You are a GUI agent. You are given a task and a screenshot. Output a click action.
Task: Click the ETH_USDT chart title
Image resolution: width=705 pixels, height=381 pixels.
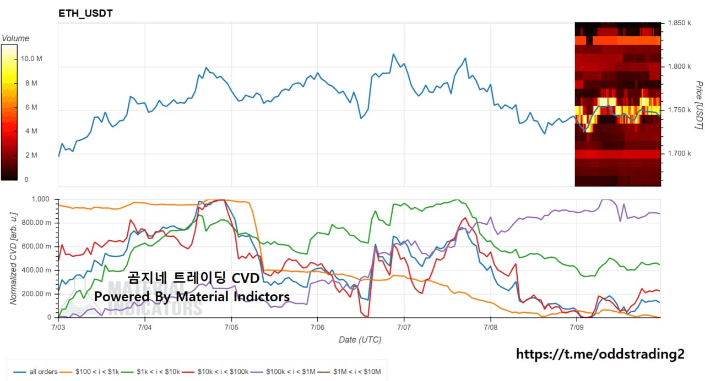[85, 14]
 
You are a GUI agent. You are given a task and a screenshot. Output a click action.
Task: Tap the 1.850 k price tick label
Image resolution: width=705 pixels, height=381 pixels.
[679, 23]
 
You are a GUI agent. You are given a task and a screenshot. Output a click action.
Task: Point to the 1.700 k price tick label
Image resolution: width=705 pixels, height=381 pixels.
[679, 153]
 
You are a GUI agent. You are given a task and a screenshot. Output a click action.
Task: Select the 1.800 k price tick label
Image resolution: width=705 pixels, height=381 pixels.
[679, 67]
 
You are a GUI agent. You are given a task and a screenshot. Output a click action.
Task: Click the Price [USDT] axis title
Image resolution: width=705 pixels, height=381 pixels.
[699, 105]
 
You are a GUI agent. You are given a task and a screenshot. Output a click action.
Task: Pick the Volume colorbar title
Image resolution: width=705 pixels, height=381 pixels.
[15, 38]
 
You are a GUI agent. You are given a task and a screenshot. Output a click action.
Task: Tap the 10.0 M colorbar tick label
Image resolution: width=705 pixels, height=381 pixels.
[31, 59]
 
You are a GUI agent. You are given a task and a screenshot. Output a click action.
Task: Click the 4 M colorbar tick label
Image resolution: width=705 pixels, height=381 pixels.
[31, 131]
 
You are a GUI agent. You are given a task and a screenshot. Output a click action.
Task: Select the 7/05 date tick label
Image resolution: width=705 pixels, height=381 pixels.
[231, 327]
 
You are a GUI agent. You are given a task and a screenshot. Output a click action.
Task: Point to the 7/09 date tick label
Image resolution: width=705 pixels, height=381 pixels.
[577, 327]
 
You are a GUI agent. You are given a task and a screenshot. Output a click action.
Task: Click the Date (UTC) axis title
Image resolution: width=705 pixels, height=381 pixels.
[360, 340]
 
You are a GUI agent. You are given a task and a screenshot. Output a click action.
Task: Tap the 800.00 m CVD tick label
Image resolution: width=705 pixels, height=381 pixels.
[36, 223]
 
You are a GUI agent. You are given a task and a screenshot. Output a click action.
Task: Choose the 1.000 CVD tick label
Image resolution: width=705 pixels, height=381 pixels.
[40, 199]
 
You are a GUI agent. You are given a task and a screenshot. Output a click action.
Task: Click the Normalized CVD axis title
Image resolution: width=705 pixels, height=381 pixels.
[13, 258]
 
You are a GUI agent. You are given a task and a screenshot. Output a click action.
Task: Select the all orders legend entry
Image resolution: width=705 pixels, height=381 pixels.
[35, 372]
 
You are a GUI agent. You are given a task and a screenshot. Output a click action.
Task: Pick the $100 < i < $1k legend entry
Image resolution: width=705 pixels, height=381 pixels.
[89, 372]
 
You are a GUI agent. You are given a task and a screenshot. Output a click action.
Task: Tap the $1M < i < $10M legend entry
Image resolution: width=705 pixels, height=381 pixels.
[349, 372]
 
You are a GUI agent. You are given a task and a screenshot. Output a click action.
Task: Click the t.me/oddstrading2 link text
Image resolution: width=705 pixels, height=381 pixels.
[600, 354]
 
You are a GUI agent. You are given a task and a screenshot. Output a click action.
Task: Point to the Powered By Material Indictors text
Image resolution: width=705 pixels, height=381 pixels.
[192, 296]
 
